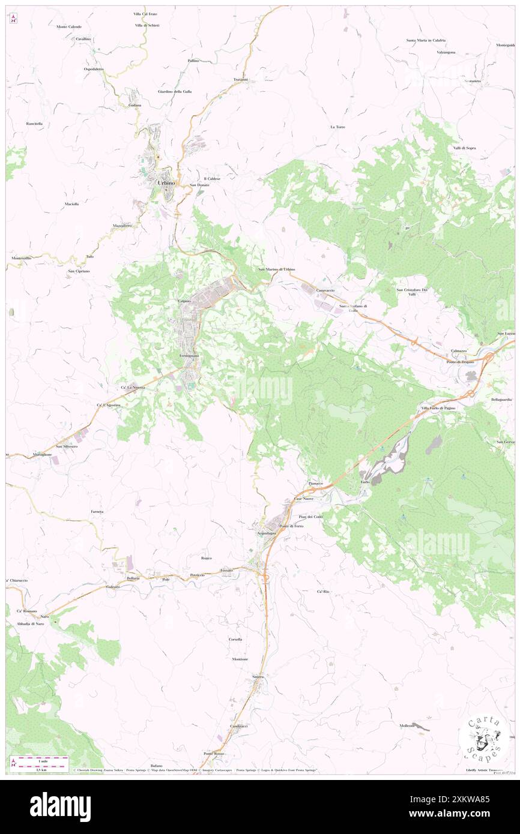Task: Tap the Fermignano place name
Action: (x=189, y=356)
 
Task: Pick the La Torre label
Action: (x=337, y=127)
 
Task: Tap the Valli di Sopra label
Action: (x=465, y=148)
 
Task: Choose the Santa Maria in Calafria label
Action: (x=426, y=40)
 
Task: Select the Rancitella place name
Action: (x=34, y=123)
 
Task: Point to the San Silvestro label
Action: (x=67, y=446)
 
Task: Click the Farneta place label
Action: (x=97, y=511)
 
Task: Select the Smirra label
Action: (x=258, y=677)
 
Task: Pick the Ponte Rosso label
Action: (x=214, y=754)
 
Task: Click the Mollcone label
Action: (x=407, y=726)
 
